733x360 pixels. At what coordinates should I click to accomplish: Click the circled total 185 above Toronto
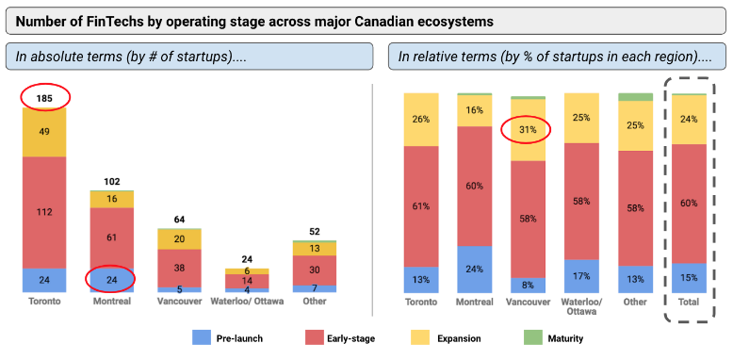pos(44,96)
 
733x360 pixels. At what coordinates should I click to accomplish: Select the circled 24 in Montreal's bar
pos(111,279)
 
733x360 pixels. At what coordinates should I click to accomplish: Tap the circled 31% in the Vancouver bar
pos(528,130)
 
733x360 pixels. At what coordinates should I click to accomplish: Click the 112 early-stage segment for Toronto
pos(44,211)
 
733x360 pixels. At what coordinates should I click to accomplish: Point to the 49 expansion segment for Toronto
pos(44,132)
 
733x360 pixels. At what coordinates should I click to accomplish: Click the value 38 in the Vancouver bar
pos(179,268)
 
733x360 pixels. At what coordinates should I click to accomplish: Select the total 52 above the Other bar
pos(314,232)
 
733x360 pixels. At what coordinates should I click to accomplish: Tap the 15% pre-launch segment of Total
pos(689,278)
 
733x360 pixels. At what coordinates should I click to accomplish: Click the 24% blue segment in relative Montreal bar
pos(474,269)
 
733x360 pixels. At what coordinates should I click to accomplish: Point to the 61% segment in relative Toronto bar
pos(420,205)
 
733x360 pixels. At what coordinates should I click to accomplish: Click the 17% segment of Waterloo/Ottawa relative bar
pos(581,276)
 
